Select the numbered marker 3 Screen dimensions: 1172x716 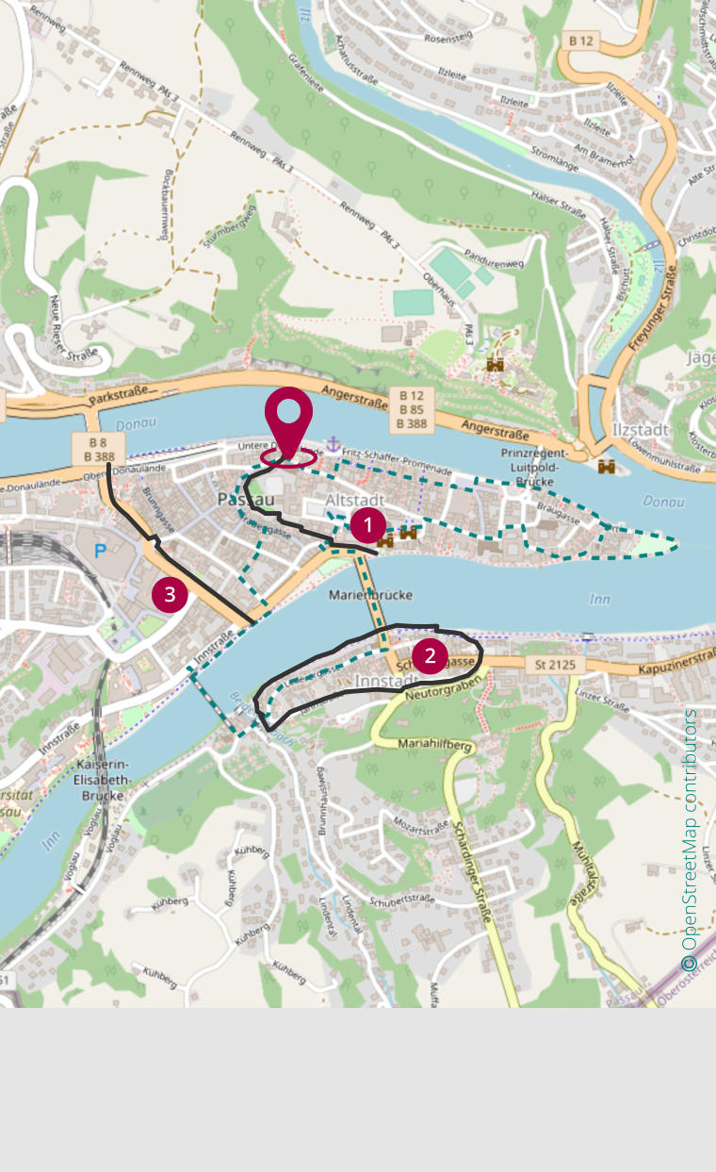(x=170, y=594)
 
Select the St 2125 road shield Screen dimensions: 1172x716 (x=554, y=665)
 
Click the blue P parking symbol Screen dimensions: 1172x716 (x=100, y=548)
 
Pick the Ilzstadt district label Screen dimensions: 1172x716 (x=641, y=430)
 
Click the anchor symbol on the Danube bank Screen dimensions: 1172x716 (x=333, y=444)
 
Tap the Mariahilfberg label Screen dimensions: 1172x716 (x=434, y=745)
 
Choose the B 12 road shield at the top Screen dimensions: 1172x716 (x=582, y=41)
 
